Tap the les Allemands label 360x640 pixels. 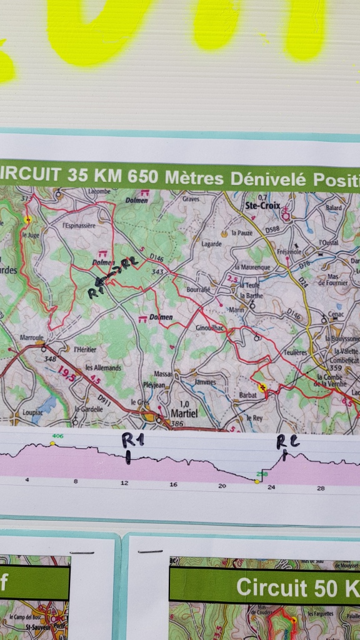pos(103,367)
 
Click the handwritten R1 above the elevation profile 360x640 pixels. pos(132,441)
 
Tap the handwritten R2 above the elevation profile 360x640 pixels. pos(288,442)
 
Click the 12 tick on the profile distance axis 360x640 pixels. pos(125,483)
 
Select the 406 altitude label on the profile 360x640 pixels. pos(59,436)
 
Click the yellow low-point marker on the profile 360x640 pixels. pos(257,481)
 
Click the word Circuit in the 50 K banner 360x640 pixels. pos(271,587)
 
